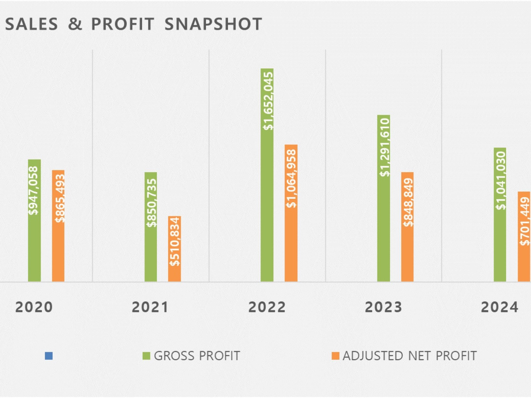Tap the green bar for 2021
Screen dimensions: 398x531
(x=151, y=227)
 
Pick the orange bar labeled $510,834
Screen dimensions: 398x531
(x=175, y=249)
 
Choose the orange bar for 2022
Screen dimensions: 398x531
(x=291, y=213)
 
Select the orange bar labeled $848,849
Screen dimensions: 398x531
(x=407, y=227)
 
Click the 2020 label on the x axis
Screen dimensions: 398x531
(x=34, y=307)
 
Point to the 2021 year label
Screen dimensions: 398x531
(x=150, y=307)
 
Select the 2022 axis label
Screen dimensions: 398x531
(x=267, y=307)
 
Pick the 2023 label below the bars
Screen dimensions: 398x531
(x=384, y=307)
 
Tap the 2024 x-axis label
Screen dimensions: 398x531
(x=500, y=307)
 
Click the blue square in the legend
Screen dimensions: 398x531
(x=49, y=356)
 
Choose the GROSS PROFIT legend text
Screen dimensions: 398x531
(x=197, y=356)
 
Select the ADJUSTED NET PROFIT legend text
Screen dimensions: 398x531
(x=410, y=356)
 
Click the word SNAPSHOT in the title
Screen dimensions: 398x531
(x=213, y=24)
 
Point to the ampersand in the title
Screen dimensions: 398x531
(x=75, y=24)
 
